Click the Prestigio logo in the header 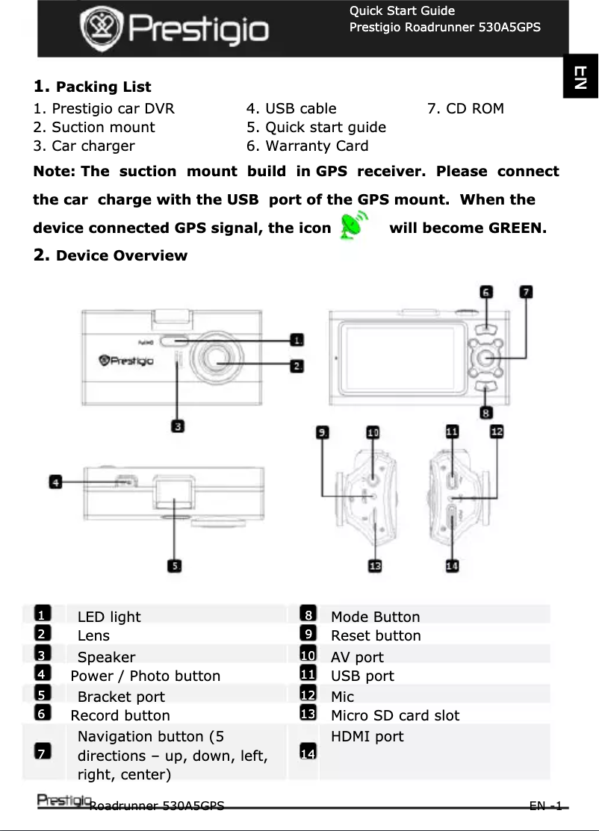(x=174, y=30)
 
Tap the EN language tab (x=580, y=77)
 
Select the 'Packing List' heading (x=103, y=87)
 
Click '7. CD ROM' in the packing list (x=465, y=108)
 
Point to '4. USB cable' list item (x=291, y=108)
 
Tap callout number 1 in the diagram (x=297, y=340)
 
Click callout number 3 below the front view (x=179, y=426)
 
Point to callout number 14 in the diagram (x=452, y=566)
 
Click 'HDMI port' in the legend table (x=367, y=736)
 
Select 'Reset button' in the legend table (x=376, y=635)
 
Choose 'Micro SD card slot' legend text (x=395, y=715)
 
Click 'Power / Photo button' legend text (x=146, y=676)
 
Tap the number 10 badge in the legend (x=307, y=655)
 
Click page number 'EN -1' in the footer (x=545, y=806)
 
